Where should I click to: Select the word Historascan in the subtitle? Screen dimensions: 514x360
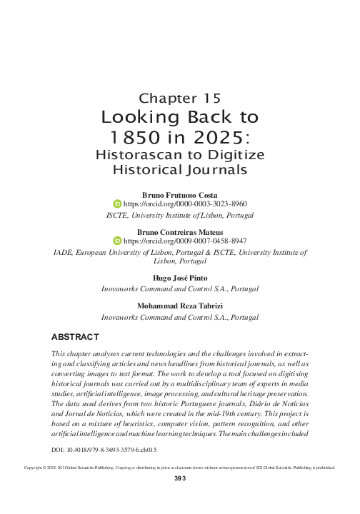136,155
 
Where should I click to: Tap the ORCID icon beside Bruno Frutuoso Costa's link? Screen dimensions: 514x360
119,203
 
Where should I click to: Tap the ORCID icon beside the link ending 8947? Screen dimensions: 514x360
119,242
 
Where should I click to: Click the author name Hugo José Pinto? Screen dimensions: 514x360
179,279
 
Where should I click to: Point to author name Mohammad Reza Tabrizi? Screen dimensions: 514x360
179,306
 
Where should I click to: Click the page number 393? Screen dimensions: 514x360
179,500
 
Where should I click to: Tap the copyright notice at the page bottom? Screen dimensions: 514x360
179,488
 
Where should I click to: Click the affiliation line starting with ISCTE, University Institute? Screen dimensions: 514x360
179,213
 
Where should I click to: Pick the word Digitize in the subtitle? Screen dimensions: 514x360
235,155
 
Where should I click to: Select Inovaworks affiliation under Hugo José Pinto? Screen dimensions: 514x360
179,289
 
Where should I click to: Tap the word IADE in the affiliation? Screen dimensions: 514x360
64,252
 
